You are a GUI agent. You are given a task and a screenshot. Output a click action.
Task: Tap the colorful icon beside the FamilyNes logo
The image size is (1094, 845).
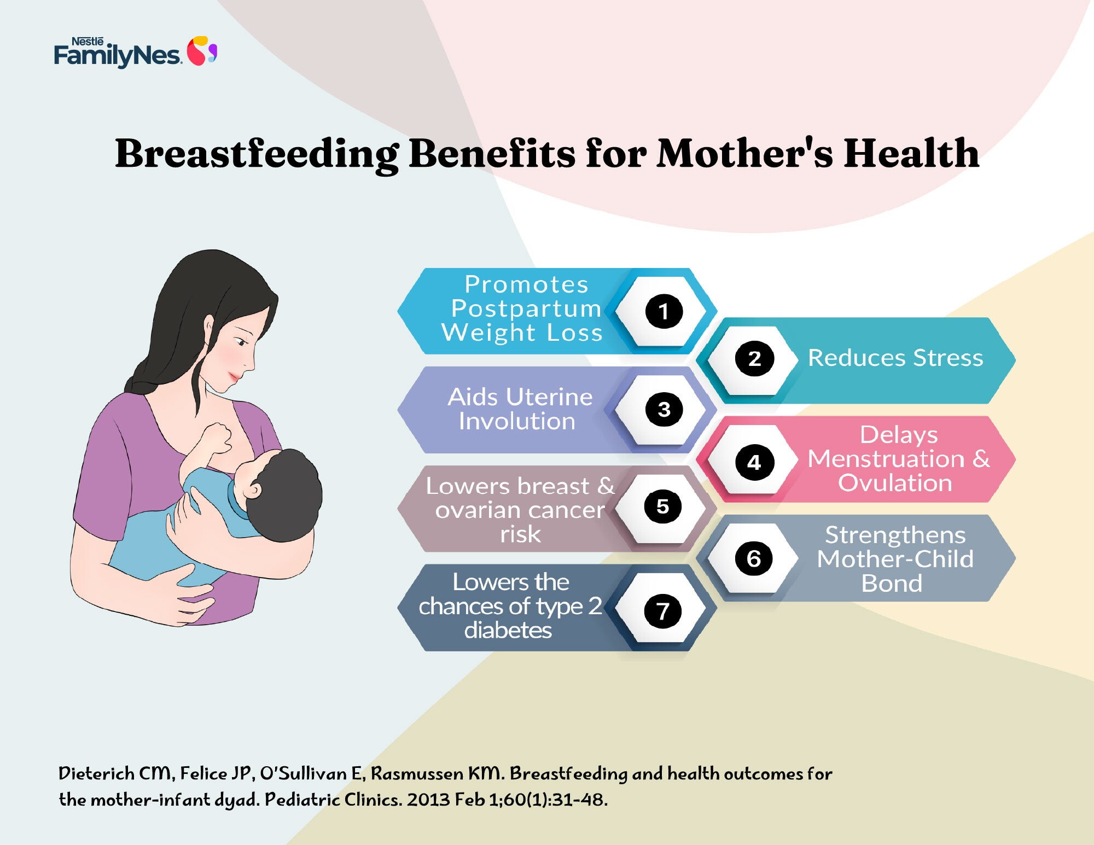(x=202, y=51)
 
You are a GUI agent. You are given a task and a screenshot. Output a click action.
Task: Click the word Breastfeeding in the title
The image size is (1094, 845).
(x=257, y=154)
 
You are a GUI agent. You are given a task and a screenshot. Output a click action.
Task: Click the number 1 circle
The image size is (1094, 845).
(x=664, y=311)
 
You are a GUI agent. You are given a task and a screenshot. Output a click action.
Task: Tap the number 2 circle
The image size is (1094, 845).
(x=754, y=359)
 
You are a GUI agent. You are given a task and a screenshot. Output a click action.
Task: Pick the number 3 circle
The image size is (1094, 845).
(x=664, y=409)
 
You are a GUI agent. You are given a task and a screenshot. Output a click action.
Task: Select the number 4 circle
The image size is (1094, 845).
(x=754, y=462)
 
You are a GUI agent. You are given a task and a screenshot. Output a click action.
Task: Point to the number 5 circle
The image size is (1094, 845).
(x=663, y=506)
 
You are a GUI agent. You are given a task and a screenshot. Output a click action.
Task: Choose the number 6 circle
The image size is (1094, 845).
(x=754, y=558)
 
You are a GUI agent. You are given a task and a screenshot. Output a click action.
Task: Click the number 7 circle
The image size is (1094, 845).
(x=663, y=610)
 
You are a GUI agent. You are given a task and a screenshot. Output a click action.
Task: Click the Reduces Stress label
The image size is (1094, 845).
(x=895, y=358)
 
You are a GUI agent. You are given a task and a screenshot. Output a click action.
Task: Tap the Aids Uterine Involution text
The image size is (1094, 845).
(x=520, y=409)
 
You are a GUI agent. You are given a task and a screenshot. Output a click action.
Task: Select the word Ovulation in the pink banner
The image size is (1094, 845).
(x=895, y=483)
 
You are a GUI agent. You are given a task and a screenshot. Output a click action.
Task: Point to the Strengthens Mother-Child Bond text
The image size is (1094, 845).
(x=895, y=559)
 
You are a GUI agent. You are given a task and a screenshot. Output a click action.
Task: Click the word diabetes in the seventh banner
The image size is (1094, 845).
(x=508, y=631)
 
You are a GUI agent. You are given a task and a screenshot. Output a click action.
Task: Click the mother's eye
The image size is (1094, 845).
(x=241, y=341)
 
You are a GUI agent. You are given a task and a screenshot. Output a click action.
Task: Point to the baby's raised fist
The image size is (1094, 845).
(x=215, y=436)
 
